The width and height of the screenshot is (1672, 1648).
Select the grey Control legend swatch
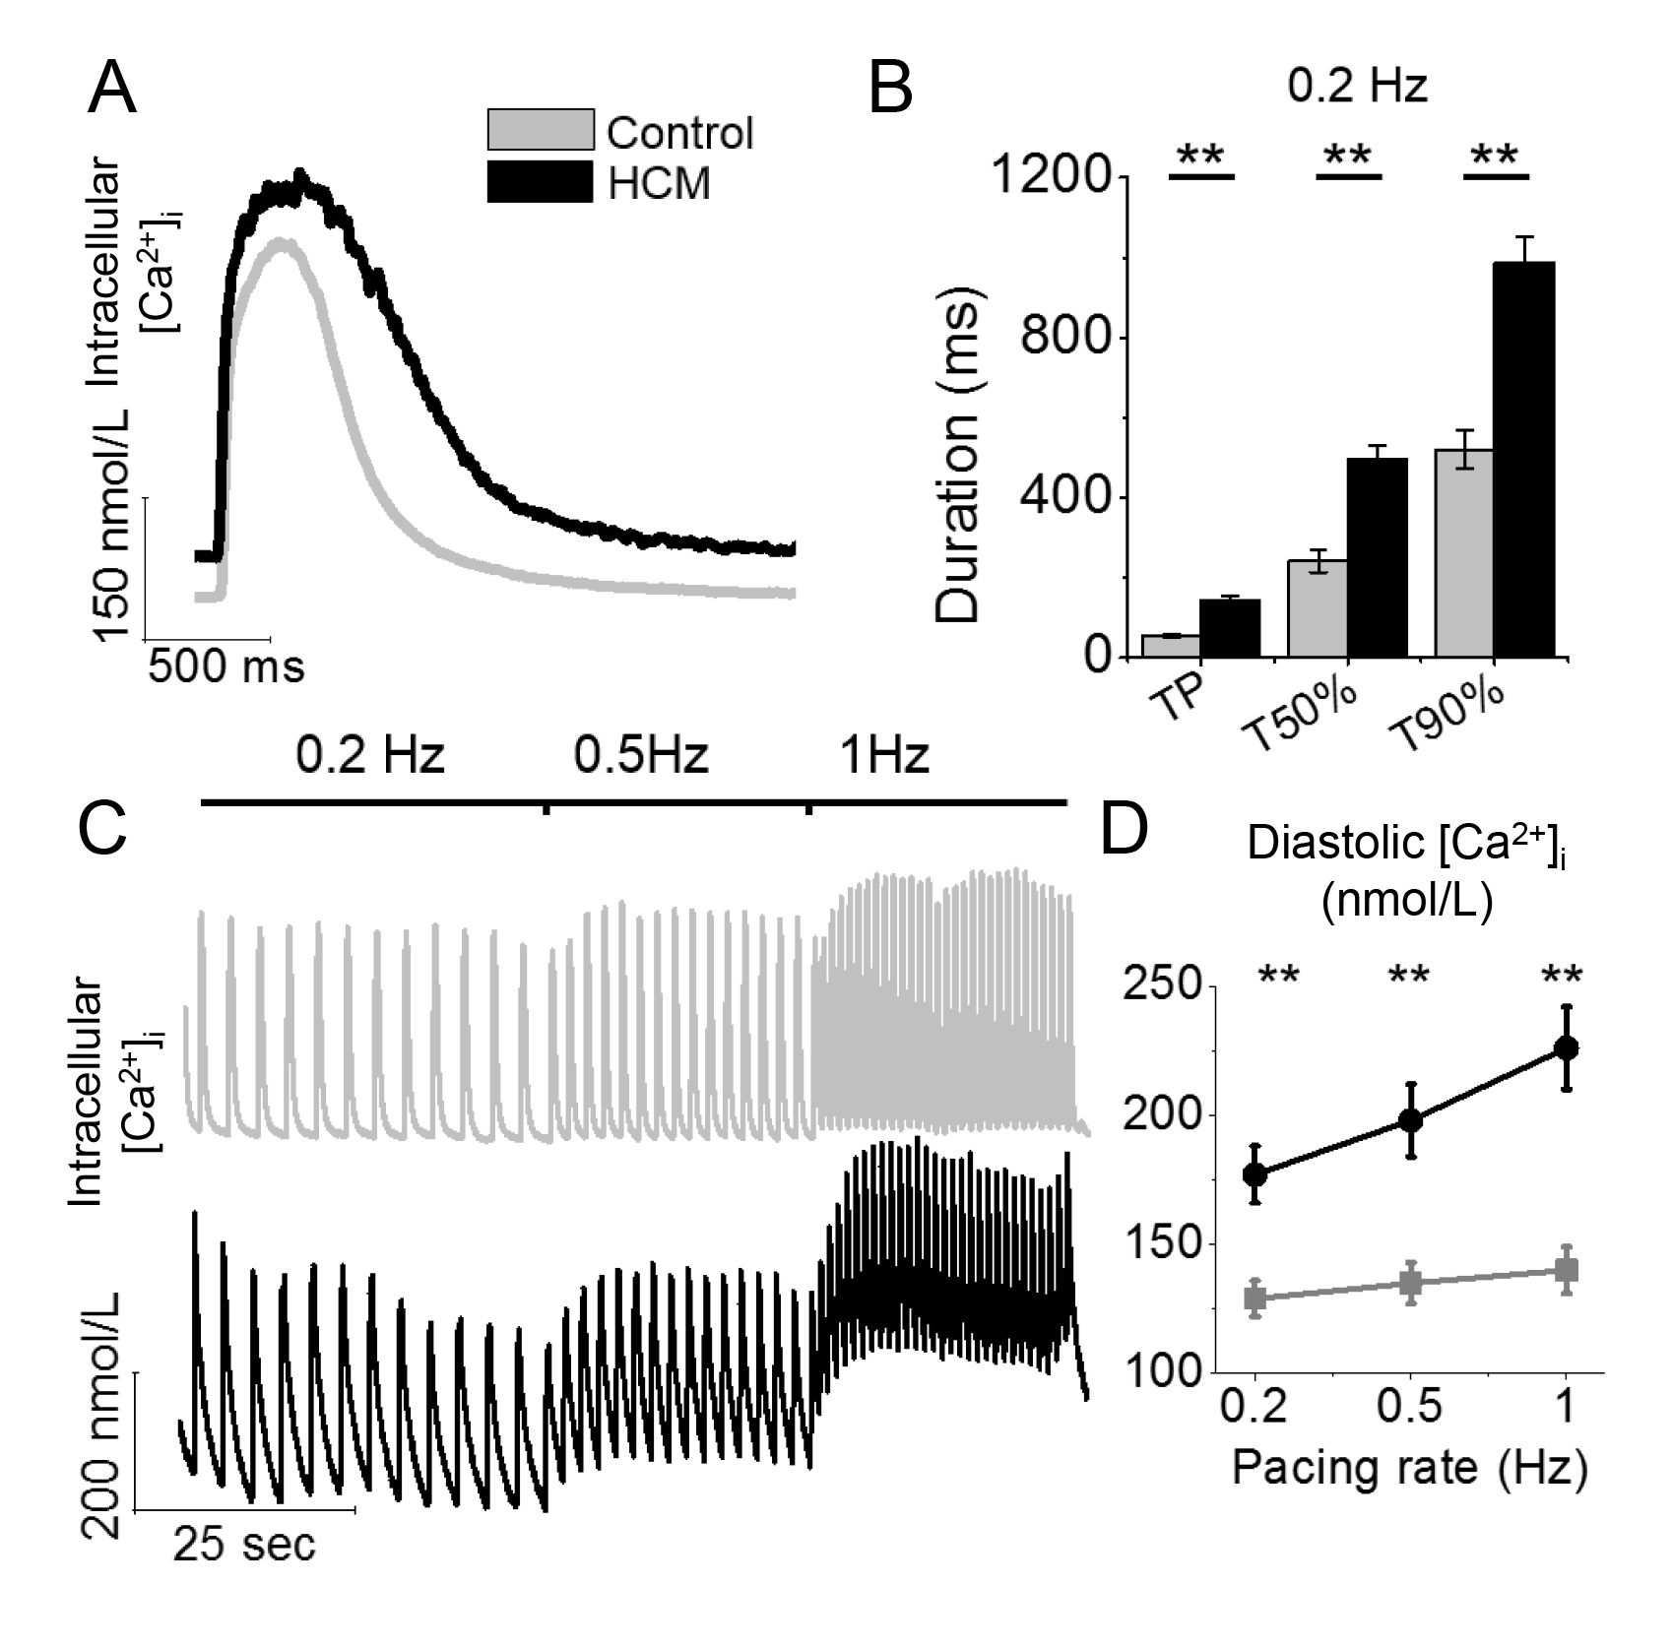(x=541, y=129)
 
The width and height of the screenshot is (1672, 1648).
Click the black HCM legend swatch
(x=541, y=182)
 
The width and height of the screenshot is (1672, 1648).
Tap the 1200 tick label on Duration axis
(x=1052, y=177)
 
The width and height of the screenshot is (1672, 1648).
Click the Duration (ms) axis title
(x=957, y=460)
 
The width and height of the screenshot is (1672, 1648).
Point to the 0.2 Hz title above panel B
(x=1357, y=88)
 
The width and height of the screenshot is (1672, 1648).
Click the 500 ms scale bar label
(x=226, y=667)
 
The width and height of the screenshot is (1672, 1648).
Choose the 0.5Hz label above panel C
(x=641, y=756)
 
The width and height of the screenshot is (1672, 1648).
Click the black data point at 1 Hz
(x=1566, y=1047)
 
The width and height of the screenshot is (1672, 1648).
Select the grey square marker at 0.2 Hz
(x=1255, y=1298)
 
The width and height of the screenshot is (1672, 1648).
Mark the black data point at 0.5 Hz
(x=1411, y=1120)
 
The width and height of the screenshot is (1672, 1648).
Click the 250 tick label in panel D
(x=1159, y=987)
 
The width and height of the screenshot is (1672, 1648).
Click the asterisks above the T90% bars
(x=1496, y=157)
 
